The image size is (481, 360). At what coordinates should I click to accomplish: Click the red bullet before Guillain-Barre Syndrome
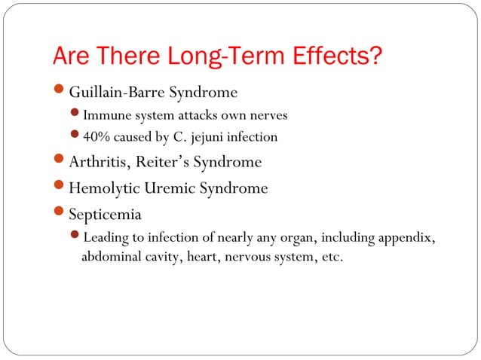tap(60, 92)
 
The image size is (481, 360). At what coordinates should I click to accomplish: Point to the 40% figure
tap(96, 137)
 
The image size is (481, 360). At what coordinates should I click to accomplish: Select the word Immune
tap(106, 116)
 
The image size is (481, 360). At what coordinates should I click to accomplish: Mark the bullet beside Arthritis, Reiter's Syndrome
tap(60, 161)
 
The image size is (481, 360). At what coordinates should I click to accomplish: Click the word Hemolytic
tap(105, 188)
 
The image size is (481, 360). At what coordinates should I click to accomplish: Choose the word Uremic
tap(170, 188)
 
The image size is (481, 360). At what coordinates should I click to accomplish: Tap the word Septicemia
tap(106, 215)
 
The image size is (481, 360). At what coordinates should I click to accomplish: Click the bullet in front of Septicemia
tap(60, 214)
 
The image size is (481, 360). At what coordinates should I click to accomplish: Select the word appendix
tap(406, 239)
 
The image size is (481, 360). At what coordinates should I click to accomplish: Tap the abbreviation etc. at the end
tap(332, 257)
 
